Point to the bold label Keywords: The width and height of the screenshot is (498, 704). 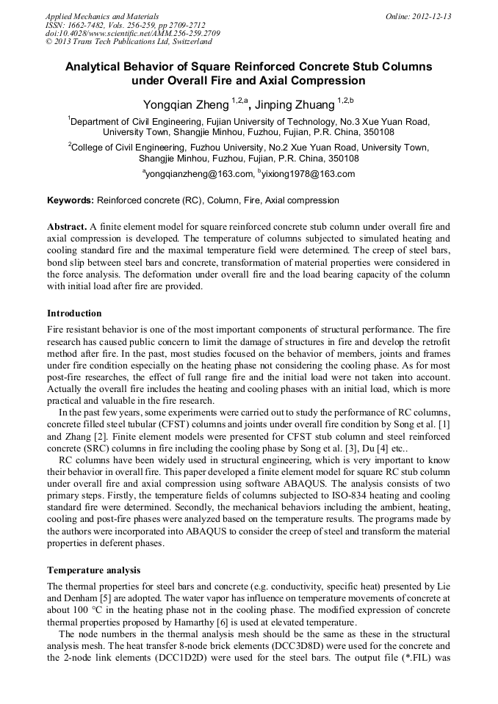tap(71, 200)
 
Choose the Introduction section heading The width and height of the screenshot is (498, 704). tap(74, 313)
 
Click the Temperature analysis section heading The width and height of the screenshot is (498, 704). tap(93, 570)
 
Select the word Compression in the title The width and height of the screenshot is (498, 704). tap(320, 81)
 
